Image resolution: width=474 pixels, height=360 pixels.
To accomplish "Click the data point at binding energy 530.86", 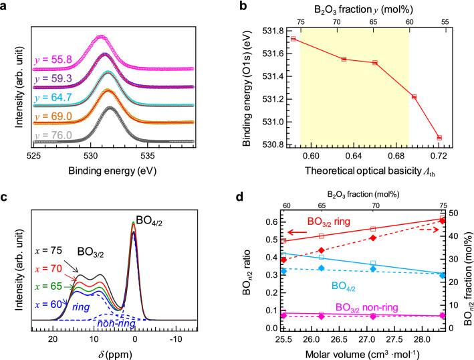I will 439,137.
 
